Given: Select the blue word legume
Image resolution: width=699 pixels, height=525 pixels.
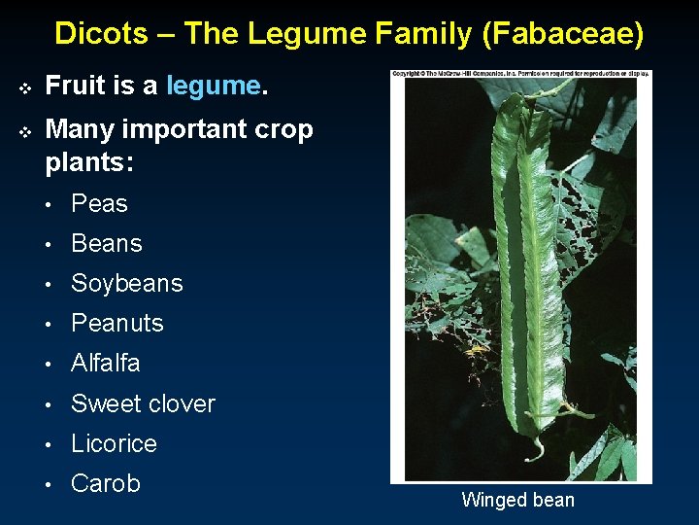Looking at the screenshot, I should pos(213,86).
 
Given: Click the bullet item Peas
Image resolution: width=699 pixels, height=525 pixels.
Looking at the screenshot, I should pos(99,203).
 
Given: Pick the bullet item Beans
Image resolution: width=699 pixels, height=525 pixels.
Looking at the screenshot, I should pos(107,243).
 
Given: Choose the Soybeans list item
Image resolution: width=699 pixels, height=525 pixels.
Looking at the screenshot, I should pos(126,283).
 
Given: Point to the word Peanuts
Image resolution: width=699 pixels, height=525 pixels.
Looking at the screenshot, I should pos(117,323).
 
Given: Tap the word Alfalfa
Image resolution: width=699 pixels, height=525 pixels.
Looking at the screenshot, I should pos(106,363).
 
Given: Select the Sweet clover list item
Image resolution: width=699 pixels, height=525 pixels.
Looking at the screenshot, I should pos(143,403).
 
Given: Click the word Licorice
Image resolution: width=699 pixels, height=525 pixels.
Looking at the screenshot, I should pos(114,443).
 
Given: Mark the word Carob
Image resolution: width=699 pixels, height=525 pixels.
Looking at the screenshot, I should pos(106,483).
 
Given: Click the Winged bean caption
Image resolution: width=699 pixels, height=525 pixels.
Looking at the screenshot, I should pos(517,501).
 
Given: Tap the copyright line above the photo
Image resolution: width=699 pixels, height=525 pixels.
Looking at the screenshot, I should pos(520,74).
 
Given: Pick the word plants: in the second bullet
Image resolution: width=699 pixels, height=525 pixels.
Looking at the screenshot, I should pos(89,161).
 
